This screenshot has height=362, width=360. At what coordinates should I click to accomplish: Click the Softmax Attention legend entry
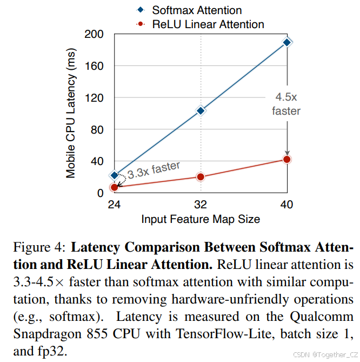[x=196, y=10]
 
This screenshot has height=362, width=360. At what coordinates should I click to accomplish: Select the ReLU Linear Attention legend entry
[x=207, y=24]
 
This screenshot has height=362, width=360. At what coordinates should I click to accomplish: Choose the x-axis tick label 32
[x=201, y=205]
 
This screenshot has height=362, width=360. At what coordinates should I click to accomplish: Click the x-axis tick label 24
[x=114, y=205]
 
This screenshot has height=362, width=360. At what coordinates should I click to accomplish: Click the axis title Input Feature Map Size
[x=201, y=219]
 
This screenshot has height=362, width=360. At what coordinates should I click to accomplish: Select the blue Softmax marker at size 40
[x=287, y=42]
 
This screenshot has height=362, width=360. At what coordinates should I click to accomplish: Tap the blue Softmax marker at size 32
[x=201, y=110]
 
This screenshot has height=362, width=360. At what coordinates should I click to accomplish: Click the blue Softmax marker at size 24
[x=114, y=175]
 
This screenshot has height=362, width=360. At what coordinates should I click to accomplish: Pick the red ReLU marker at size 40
[x=287, y=159]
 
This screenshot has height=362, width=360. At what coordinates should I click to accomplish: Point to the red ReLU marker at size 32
[x=201, y=177]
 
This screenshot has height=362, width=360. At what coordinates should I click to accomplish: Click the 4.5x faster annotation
[x=286, y=104]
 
